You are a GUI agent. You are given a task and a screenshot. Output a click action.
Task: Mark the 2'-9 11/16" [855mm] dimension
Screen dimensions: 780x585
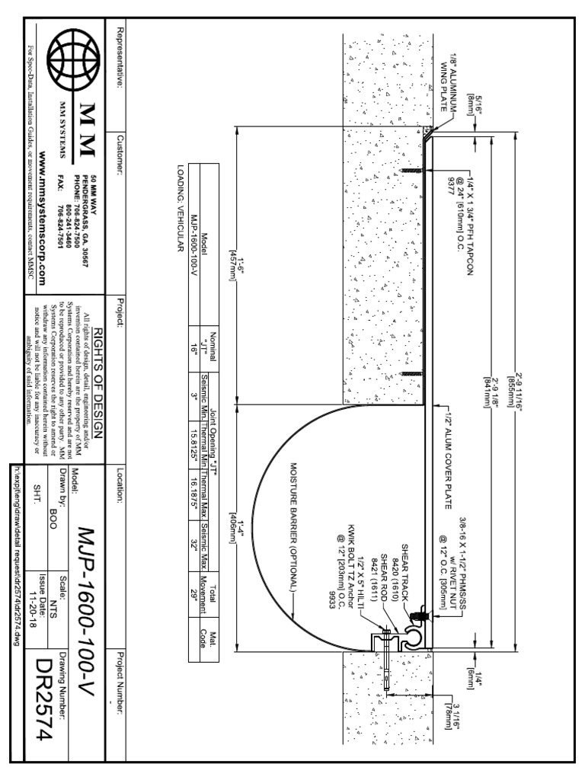520,381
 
